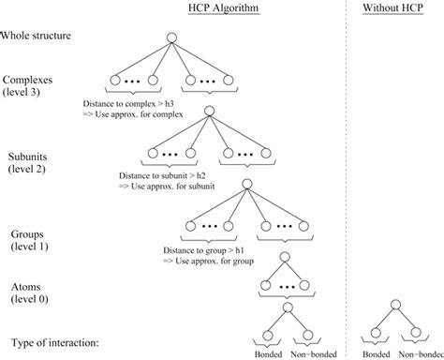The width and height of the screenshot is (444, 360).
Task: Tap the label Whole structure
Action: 37,37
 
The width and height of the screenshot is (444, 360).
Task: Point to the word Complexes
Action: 30,82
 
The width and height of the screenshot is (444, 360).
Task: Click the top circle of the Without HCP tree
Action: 395,303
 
